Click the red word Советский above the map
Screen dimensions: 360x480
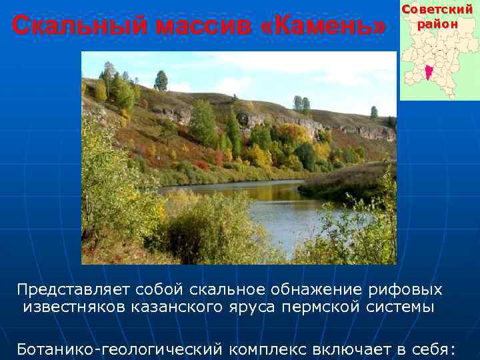click(x=437, y=10)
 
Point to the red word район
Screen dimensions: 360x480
click(x=438, y=24)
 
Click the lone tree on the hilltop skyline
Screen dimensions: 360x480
click(x=161, y=81)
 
